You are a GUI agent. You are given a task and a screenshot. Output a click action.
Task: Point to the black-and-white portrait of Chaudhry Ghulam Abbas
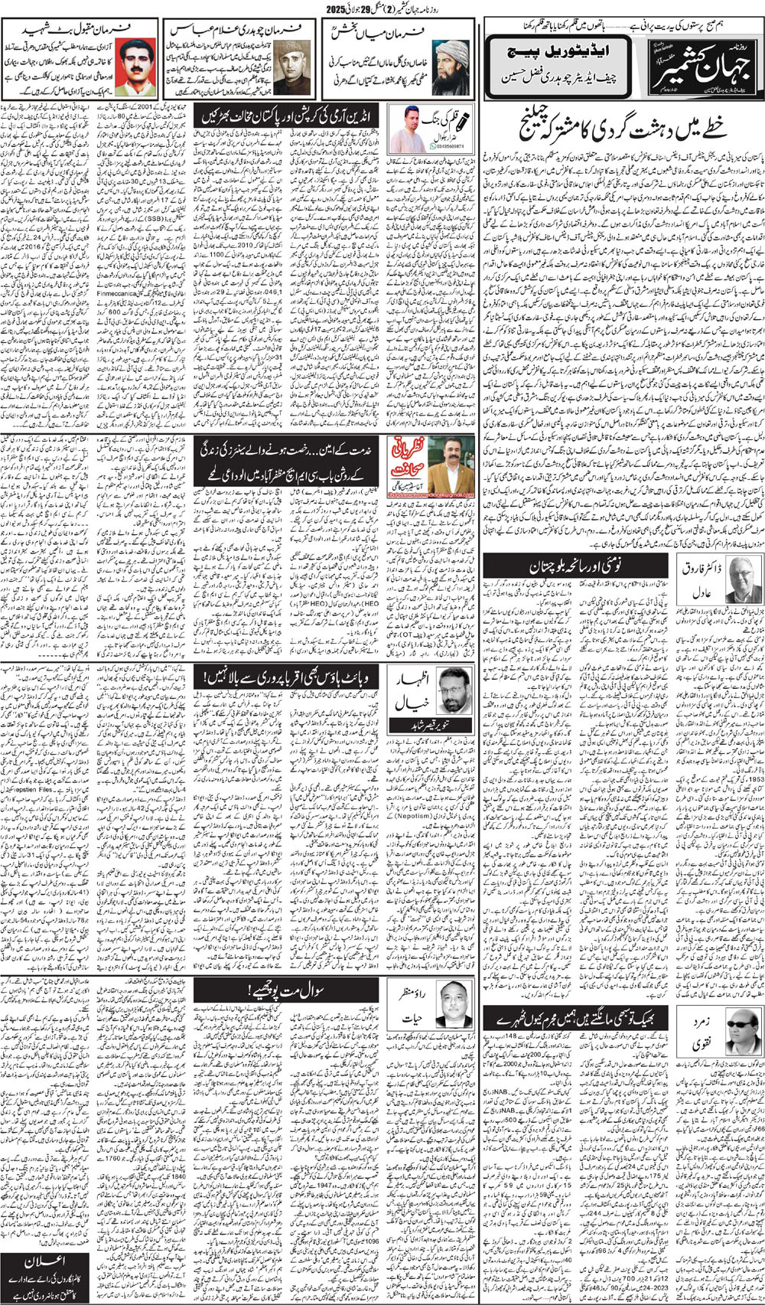coord(290,64)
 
